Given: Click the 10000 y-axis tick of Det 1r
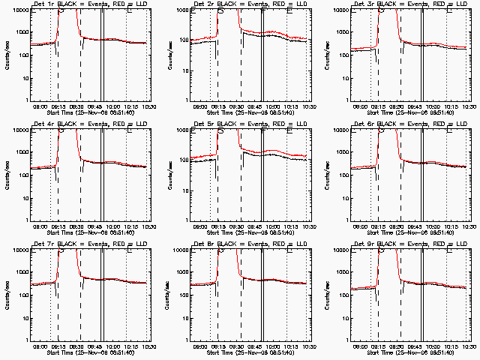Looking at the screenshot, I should click(x=17, y=10).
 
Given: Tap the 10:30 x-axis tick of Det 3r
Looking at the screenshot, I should click(x=469, y=106).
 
